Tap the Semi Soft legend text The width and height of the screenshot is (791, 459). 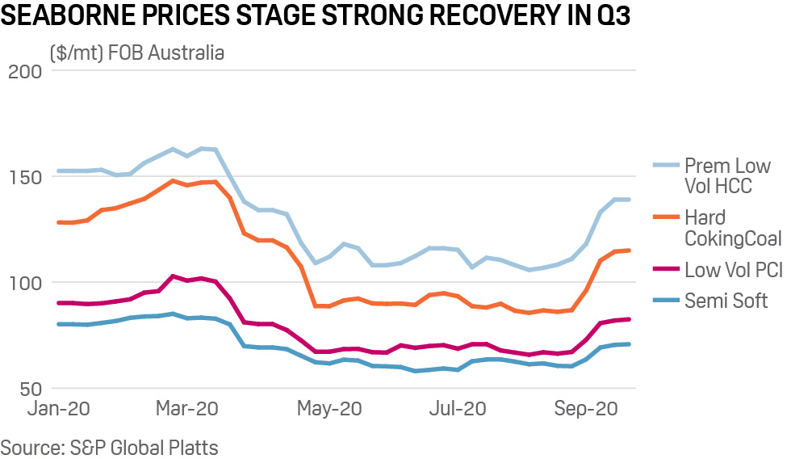(x=725, y=301)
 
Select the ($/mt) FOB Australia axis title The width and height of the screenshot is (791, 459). (x=136, y=53)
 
